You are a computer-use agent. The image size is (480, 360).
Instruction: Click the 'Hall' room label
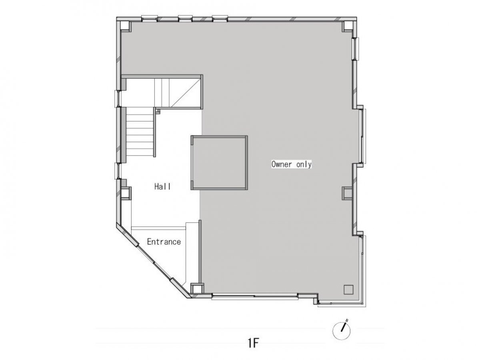point(162,186)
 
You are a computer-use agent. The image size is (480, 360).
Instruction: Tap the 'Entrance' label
point(164,242)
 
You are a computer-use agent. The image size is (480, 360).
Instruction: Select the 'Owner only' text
point(291,164)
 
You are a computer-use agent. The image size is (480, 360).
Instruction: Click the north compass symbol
point(341,330)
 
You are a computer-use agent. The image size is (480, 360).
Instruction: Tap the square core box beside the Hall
point(219,163)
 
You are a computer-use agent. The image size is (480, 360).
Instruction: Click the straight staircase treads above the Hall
point(140,131)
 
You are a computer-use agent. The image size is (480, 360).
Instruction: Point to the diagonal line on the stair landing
point(186,93)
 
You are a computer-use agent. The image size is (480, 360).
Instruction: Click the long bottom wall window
point(255,296)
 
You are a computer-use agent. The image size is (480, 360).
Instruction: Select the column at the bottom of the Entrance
point(197,288)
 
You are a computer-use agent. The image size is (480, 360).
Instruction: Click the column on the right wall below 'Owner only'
point(347,193)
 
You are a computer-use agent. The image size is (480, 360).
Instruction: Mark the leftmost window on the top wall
point(149,18)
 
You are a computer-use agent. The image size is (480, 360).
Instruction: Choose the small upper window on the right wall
point(356,49)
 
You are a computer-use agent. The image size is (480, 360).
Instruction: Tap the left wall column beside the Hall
point(126,193)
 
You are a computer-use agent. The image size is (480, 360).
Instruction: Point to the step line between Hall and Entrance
point(158,228)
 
